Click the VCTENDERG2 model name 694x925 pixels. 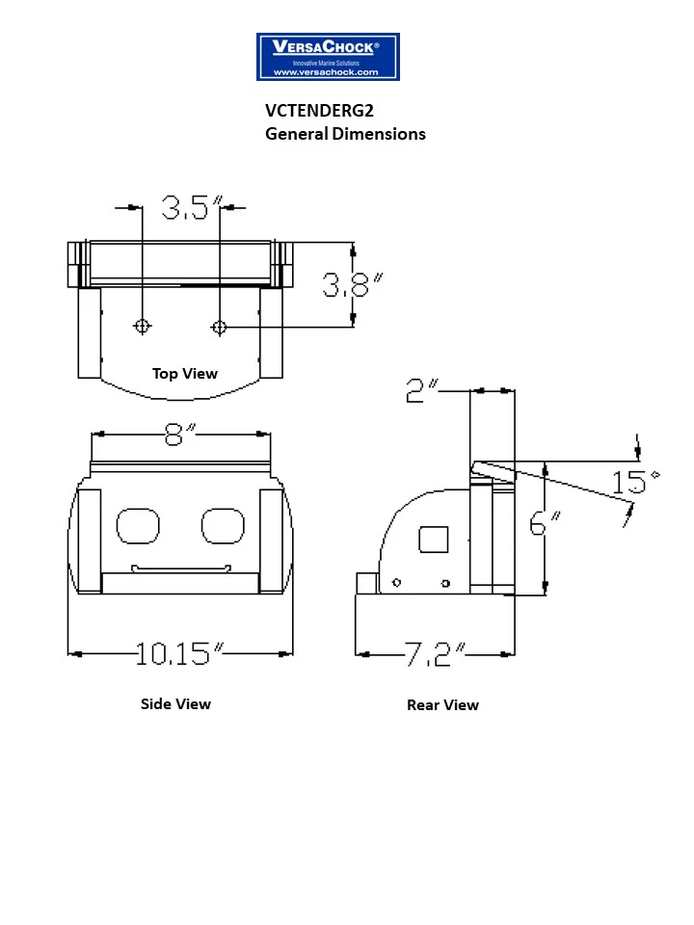319,111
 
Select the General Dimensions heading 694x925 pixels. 345,134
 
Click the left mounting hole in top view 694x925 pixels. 143,327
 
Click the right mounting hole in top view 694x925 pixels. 219,328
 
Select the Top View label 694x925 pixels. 185,374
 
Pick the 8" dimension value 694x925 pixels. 178,435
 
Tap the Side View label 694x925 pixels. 175,704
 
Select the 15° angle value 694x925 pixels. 635,480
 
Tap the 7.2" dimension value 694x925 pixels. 433,655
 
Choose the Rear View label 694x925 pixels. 442,705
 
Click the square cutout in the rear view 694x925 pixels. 434,540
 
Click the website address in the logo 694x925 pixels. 327,72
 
